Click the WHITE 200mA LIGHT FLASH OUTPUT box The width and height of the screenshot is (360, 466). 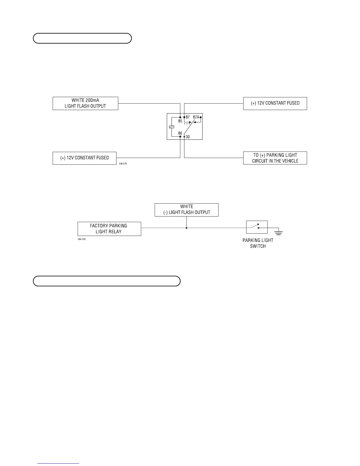(85, 103)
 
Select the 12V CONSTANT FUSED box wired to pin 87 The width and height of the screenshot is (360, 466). (275, 103)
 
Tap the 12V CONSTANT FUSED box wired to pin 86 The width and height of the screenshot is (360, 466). (84, 158)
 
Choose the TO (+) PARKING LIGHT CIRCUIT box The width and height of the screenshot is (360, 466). (275, 158)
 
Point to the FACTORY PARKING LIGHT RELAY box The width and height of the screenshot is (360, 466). (109, 229)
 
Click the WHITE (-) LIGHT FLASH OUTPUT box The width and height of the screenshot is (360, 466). (186, 209)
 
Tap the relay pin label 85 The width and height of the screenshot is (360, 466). (180, 121)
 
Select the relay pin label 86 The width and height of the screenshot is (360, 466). (180, 133)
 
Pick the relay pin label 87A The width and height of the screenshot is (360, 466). (196, 117)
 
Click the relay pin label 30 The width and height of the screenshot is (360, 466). (188, 137)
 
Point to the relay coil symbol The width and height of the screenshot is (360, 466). (172, 127)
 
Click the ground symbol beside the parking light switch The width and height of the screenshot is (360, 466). (279, 233)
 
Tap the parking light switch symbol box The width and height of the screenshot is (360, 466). (257, 227)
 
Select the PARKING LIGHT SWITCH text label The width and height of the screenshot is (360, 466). (258, 243)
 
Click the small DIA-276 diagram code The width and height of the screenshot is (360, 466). (123, 163)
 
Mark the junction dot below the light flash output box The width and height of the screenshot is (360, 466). (186, 228)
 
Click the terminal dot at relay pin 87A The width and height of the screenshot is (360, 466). (201, 117)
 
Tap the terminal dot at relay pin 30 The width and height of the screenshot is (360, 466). (184, 137)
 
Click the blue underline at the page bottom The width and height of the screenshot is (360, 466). (59, 463)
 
